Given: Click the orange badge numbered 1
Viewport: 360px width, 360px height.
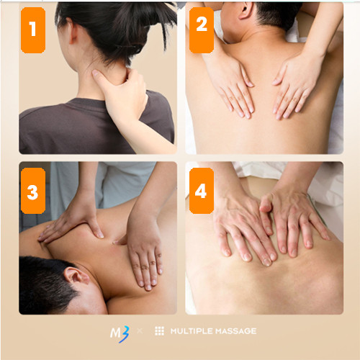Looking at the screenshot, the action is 33,30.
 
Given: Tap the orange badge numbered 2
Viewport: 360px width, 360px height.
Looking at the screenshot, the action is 202,30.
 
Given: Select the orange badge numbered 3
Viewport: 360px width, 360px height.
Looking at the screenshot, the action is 33,191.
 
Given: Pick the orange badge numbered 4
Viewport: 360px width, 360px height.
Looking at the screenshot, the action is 202,191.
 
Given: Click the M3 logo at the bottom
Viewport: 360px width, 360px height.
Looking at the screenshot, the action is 120,333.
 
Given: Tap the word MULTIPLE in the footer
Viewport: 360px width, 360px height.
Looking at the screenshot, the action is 192,331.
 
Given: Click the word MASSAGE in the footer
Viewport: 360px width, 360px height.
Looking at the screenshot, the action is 235,331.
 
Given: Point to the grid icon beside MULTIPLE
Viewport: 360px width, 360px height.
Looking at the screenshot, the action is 159,331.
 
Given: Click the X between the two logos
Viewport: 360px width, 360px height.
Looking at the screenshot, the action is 140,331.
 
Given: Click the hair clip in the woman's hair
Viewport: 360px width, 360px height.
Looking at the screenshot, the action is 131,48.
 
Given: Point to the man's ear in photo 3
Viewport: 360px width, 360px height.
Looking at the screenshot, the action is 76,276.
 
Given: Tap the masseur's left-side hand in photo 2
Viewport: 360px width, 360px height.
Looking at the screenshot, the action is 232,89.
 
